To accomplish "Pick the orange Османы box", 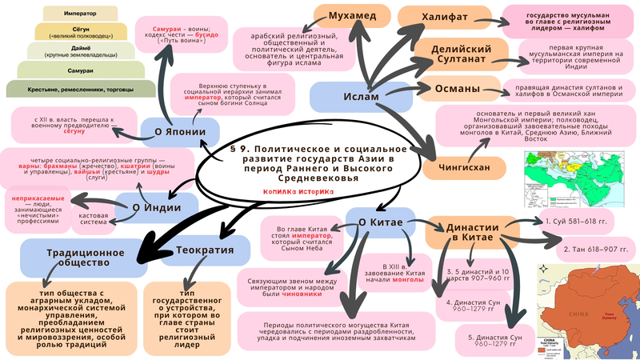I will click(458, 88).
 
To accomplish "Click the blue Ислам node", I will click(355, 96).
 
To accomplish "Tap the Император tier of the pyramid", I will click(73, 12).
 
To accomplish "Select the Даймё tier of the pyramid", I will click(73, 50).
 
